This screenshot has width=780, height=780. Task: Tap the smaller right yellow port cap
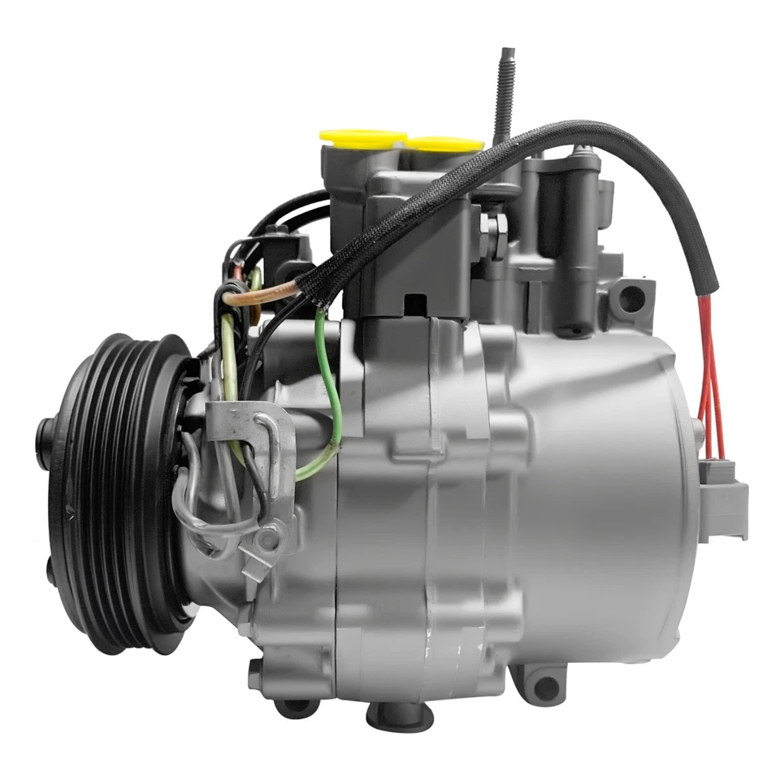click(445, 145)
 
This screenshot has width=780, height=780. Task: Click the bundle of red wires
click(708, 366)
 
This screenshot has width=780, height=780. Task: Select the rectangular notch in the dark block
click(416, 304)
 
